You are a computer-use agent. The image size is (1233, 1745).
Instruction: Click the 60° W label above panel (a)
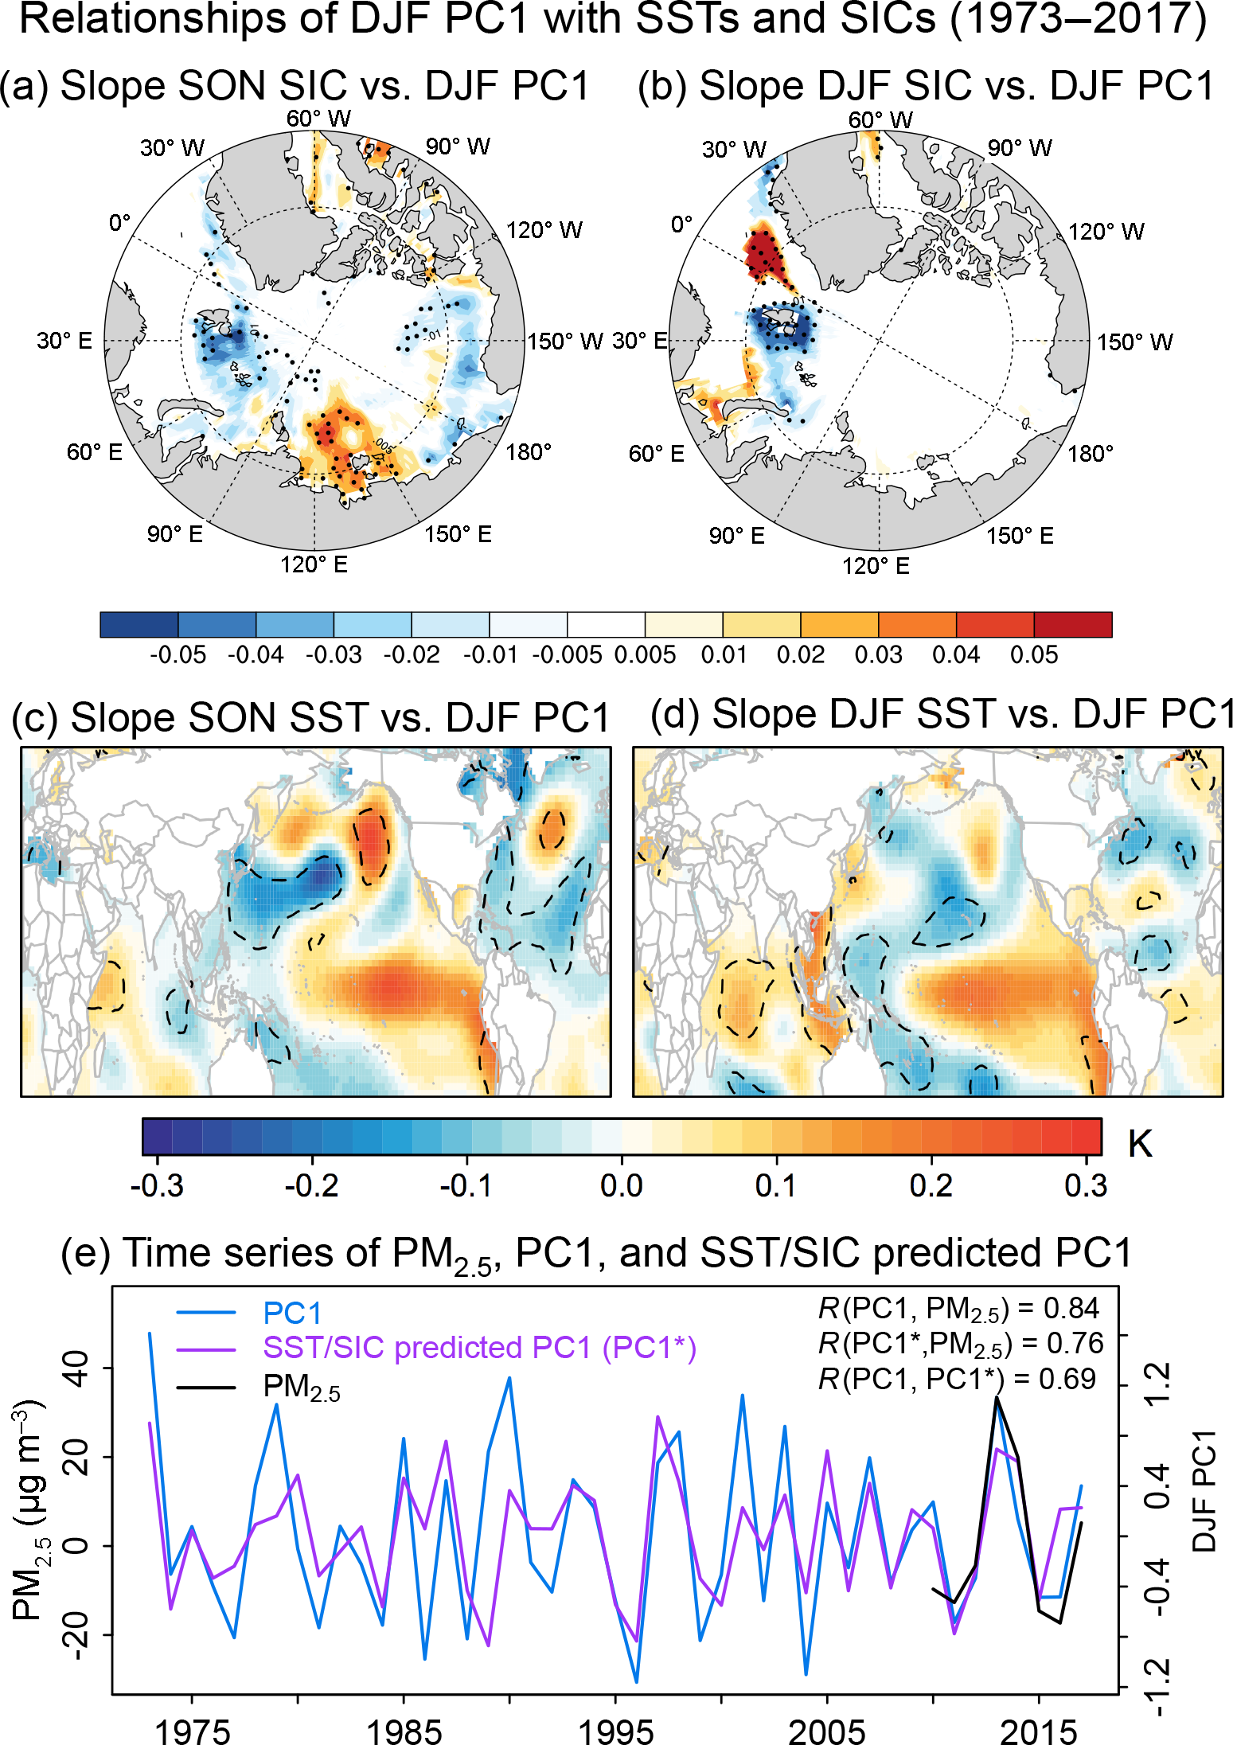coord(318,119)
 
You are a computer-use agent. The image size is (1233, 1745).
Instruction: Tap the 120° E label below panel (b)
coord(876,566)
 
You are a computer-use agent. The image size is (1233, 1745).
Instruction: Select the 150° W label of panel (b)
coord(1135,342)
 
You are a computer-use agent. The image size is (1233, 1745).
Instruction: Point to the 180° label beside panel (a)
coord(529,452)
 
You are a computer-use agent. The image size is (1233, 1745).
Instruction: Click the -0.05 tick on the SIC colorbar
coord(178,655)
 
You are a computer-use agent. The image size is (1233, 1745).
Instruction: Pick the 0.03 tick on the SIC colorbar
coord(878,655)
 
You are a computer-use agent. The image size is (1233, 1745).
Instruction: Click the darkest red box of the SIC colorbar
coord(1072,625)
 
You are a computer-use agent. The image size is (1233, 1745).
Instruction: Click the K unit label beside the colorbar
coord(1140,1144)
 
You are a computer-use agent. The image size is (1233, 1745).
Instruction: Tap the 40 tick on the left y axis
coord(77,1368)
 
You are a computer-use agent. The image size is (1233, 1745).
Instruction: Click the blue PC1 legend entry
coord(292,1313)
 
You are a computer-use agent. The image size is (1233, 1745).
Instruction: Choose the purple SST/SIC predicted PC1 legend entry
coord(479,1348)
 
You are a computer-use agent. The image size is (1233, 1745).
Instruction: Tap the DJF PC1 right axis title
coord(1205,1489)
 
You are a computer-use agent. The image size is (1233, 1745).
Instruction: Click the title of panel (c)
coord(310,717)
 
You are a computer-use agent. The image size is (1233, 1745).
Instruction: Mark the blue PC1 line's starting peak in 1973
coord(150,1333)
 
